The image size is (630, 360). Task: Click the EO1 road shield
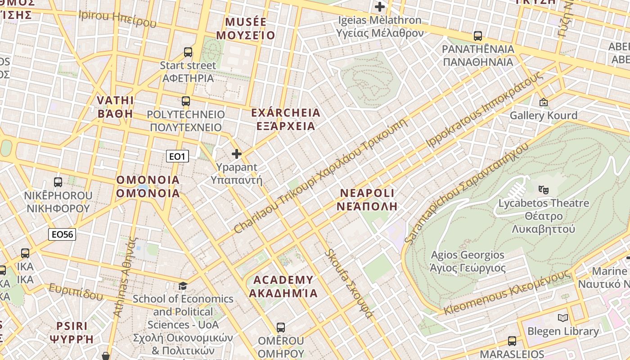tap(177, 156)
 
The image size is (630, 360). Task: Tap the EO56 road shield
tap(62, 234)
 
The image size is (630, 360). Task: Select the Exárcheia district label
tap(286, 119)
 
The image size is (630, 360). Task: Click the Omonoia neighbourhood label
tap(148, 187)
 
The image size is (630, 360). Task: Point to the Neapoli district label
tap(367, 200)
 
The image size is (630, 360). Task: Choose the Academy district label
tap(283, 287)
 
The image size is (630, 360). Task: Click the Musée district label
tap(246, 28)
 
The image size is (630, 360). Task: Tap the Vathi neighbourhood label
tap(116, 107)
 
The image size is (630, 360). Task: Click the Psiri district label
tap(72, 332)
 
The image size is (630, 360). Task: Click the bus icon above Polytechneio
tap(186, 101)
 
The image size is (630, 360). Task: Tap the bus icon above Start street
tap(188, 52)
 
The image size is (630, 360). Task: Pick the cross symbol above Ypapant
tap(236, 154)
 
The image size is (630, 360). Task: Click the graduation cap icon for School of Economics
tap(183, 286)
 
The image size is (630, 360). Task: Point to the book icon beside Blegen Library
tap(562, 318)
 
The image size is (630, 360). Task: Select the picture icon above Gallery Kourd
tap(544, 103)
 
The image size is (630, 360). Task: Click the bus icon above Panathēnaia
tap(478, 36)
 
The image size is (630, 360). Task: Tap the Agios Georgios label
tap(468, 261)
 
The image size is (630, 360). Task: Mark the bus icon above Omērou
tap(281, 328)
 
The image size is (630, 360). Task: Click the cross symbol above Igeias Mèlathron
tap(380, 7)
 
